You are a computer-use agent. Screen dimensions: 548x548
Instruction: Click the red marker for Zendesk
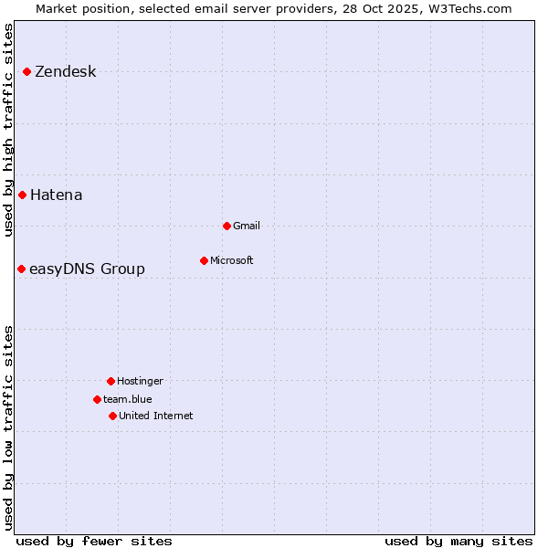tap(27, 71)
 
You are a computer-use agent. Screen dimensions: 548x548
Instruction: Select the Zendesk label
tap(65, 72)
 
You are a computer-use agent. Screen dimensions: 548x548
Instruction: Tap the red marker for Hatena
tap(23, 195)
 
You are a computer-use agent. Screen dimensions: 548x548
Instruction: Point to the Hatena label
tap(56, 195)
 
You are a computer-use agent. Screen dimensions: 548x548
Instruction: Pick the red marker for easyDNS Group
tap(22, 269)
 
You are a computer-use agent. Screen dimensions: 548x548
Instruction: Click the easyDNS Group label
tap(87, 269)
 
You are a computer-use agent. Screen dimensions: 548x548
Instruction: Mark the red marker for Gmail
tap(227, 226)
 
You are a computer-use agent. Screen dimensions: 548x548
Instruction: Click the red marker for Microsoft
tap(205, 260)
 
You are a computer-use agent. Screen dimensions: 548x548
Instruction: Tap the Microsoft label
tap(232, 261)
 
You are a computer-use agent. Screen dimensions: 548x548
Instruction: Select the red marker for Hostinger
tap(111, 381)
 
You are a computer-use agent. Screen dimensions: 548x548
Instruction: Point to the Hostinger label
tap(140, 382)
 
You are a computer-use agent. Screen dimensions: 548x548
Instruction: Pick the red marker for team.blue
tap(98, 399)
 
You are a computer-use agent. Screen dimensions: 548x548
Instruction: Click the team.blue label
tap(128, 400)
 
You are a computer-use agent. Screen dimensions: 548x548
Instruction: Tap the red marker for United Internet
tap(113, 416)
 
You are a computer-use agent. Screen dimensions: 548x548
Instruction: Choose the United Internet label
tap(156, 416)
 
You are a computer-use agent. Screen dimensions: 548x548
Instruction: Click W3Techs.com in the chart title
tap(471, 8)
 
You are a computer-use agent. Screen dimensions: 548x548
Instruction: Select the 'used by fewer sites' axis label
tap(94, 541)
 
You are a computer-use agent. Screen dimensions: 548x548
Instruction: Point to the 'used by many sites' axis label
tap(458, 541)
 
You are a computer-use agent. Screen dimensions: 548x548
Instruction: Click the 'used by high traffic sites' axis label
tap(8, 130)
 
